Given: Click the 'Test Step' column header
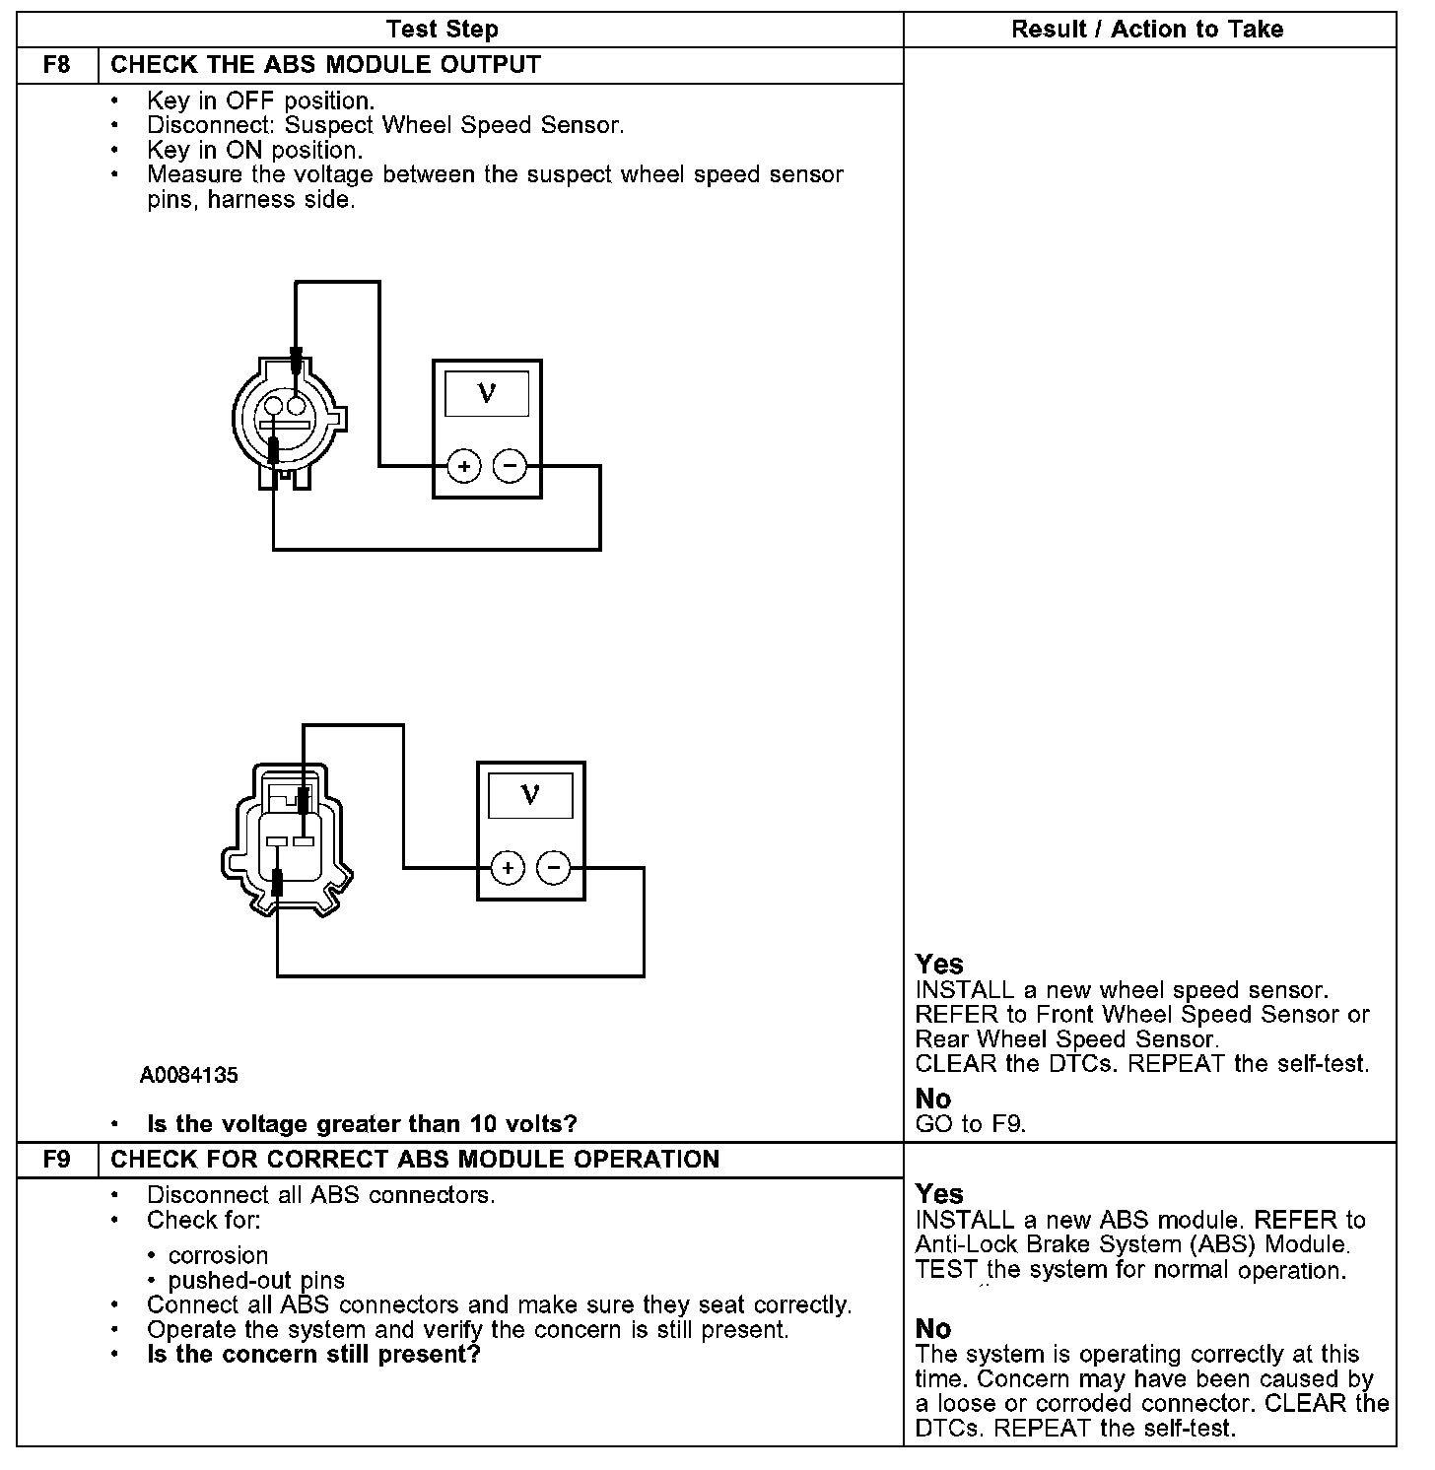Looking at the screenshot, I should (x=442, y=30).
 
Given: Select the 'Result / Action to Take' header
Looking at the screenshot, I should (x=1147, y=30).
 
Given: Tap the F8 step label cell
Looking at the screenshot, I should (x=57, y=65).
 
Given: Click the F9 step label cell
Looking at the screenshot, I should (x=57, y=1159).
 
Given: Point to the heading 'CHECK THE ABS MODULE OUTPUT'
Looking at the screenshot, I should (x=325, y=65).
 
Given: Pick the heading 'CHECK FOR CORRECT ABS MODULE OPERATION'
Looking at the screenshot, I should (x=415, y=1159).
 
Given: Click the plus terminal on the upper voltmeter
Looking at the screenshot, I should (x=463, y=466).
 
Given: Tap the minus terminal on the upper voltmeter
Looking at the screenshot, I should (x=510, y=466).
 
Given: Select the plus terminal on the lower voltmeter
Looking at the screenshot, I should (x=508, y=868).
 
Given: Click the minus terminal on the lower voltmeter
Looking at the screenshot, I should (x=554, y=868).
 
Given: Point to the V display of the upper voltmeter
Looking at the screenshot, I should (x=487, y=394).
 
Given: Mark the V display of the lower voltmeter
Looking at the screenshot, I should (x=531, y=795).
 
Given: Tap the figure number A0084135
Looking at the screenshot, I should (x=188, y=1075).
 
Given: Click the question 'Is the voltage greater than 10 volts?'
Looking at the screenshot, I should (x=362, y=1123).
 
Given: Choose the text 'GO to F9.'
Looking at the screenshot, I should (x=971, y=1124).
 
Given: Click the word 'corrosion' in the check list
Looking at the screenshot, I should (x=218, y=1255).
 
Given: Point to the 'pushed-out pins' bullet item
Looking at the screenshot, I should (x=256, y=1280).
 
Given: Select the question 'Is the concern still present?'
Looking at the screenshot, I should (x=313, y=1354).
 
